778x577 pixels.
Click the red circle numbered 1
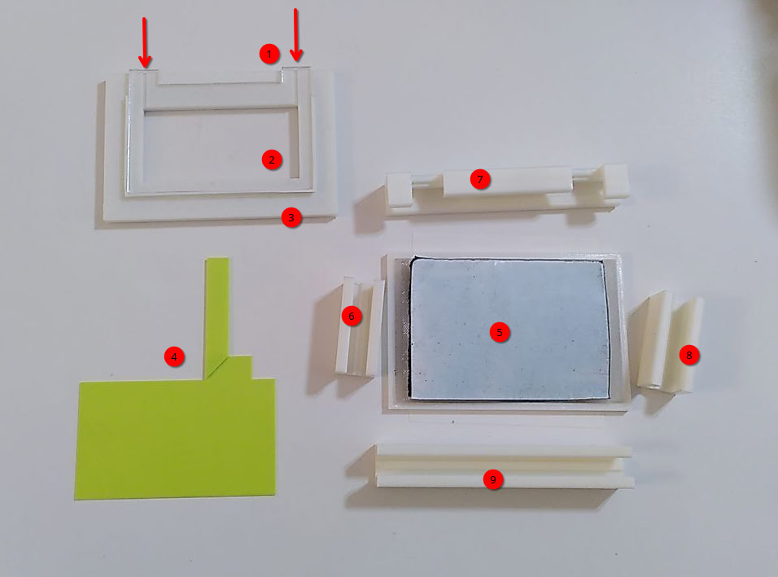click(x=269, y=54)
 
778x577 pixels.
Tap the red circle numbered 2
click(x=272, y=160)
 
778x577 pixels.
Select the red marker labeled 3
click(x=291, y=218)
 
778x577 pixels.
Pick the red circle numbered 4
click(x=174, y=356)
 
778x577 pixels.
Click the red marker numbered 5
click(x=500, y=332)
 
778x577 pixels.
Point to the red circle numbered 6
click(x=352, y=316)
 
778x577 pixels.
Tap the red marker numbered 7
click(x=480, y=179)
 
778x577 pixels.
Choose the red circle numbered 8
click(x=689, y=355)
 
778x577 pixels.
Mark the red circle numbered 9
click(x=493, y=480)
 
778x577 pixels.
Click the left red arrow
click(x=144, y=42)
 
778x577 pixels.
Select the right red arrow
click(x=295, y=35)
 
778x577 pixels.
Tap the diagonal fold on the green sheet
click(x=216, y=366)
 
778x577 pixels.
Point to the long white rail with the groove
click(x=505, y=466)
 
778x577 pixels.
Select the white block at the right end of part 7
click(x=614, y=181)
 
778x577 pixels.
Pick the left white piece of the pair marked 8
click(x=654, y=339)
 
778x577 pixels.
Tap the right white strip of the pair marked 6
click(x=376, y=327)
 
